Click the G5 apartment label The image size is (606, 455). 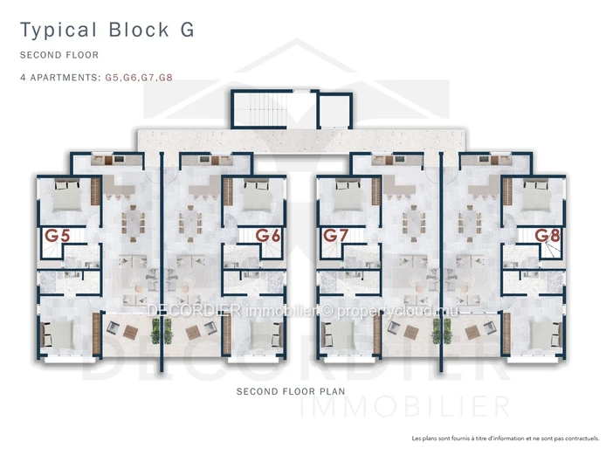[x=58, y=236]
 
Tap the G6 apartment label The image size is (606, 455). [x=268, y=236]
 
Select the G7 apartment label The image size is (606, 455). [x=335, y=236]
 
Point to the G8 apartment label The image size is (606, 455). [x=547, y=236]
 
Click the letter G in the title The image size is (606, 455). [x=187, y=30]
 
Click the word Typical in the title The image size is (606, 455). [x=59, y=31]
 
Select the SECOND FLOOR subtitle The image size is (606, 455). [x=59, y=55]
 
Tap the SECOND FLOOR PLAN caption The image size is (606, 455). [x=291, y=391]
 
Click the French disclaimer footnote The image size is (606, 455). [x=505, y=438]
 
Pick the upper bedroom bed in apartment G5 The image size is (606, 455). [x=67, y=196]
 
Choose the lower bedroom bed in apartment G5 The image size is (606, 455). [x=58, y=334]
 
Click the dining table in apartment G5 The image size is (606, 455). [x=133, y=224]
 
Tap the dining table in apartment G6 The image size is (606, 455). [x=190, y=224]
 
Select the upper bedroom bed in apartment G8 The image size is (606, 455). [x=536, y=196]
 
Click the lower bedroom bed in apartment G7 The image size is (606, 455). [x=337, y=334]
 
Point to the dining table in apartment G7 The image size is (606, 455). [x=413, y=224]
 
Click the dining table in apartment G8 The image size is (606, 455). [x=470, y=224]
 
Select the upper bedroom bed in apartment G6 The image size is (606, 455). [x=256, y=196]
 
